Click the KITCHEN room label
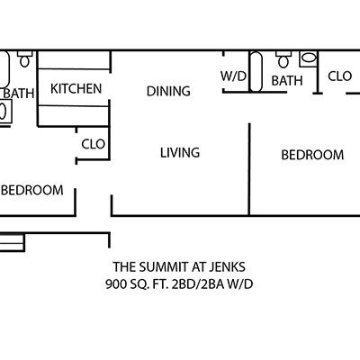click(x=76, y=89)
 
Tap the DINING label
click(x=168, y=91)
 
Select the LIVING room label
click(x=180, y=153)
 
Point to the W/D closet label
click(x=233, y=76)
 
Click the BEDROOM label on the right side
click(x=312, y=155)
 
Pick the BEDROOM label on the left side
click(x=32, y=190)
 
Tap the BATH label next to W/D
click(x=287, y=81)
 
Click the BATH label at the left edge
click(x=19, y=94)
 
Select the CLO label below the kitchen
click(x=94, y=144)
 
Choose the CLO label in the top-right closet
click(x=340, y=76)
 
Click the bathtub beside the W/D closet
click(x=256, y=72)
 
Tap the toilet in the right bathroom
click(x=283, y=59)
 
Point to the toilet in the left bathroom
click(x=24, y=59)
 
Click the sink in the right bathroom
click(x=308, y=58)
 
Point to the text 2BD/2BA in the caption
click(x=198, y=283)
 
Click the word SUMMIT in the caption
click(x=164, y=266)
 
